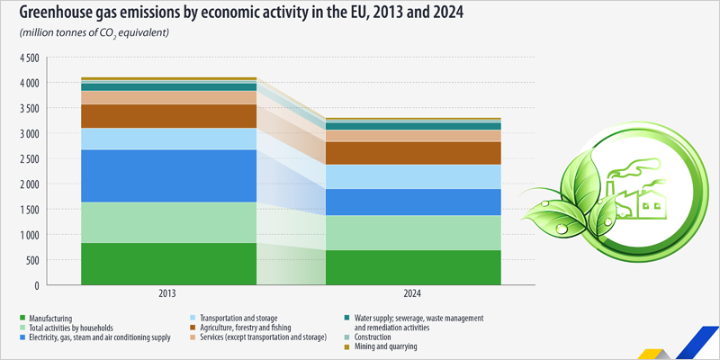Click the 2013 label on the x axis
pos(166,294)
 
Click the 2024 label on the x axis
pos(411,294)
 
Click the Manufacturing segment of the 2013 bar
pos(166,264)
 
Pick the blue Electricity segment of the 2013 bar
pos(166,175)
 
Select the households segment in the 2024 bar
pos(411,232)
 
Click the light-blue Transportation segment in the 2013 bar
pos(166,139)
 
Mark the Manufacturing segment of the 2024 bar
pos(411,267)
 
